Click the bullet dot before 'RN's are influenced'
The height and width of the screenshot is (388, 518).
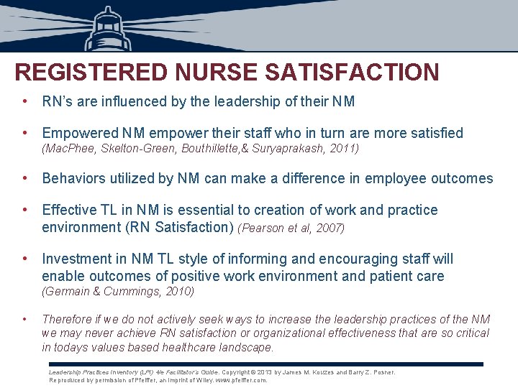[25, 101]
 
